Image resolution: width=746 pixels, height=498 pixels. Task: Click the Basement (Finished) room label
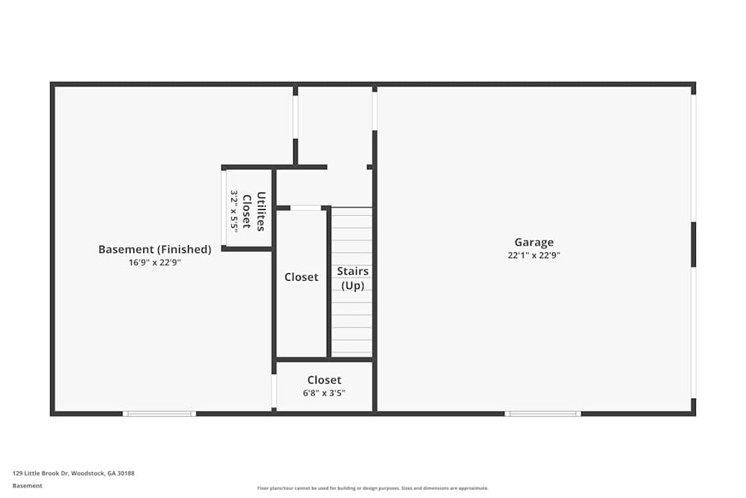click(154, 249)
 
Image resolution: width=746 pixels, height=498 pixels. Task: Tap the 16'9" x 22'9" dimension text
click(154, 263)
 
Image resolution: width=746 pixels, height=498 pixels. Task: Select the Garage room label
click(534, 242)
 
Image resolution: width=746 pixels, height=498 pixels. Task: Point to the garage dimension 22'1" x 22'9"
click(534, 255)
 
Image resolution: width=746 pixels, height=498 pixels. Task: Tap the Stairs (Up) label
click(352, 278)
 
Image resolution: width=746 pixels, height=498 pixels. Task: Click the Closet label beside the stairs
click(301, 277)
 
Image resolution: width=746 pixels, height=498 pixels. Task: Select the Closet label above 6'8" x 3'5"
click(324, 380)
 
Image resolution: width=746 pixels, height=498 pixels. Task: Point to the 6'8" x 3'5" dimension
click(324, 393)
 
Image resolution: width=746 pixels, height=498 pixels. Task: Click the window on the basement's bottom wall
click(159, 413)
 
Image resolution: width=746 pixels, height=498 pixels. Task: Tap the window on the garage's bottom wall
click(542, 413)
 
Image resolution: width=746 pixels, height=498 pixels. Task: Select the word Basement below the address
click(28, 485)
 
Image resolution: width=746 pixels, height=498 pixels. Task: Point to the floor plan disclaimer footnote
click(372, 488)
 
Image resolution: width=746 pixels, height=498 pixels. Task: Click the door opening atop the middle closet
click(305, 208)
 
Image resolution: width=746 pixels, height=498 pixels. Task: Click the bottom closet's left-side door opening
click(274, 390)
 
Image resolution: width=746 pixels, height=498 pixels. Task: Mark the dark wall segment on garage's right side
click(693, 244)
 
